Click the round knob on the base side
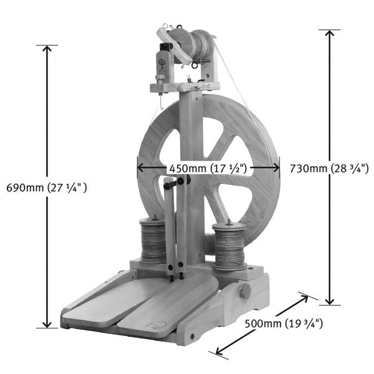point(245,290)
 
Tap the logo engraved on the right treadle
point(155,325)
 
